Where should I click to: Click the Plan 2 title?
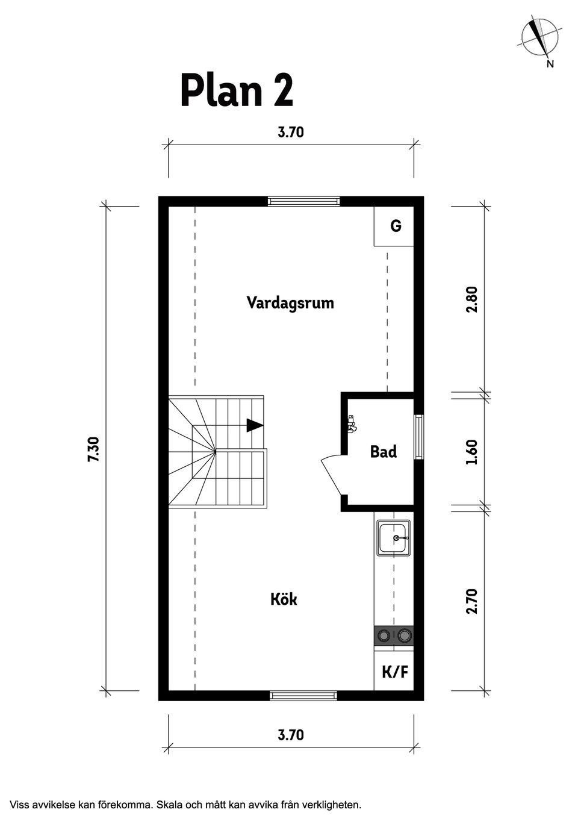point(237,91)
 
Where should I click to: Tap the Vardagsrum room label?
point(290,302)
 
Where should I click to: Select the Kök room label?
point(284,599)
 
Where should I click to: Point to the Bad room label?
point(384,451)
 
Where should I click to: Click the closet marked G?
point(395,226)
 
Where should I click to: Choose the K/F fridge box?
point(394,672)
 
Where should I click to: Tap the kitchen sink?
point(394,538)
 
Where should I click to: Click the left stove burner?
point(383,635)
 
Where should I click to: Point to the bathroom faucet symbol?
point(352,424)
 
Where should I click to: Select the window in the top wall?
point(303,201)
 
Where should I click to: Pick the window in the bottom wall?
point(303,696)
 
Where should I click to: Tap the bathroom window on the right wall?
point(419,437)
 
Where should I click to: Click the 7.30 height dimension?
point(93,449)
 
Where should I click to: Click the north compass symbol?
point(539,37)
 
